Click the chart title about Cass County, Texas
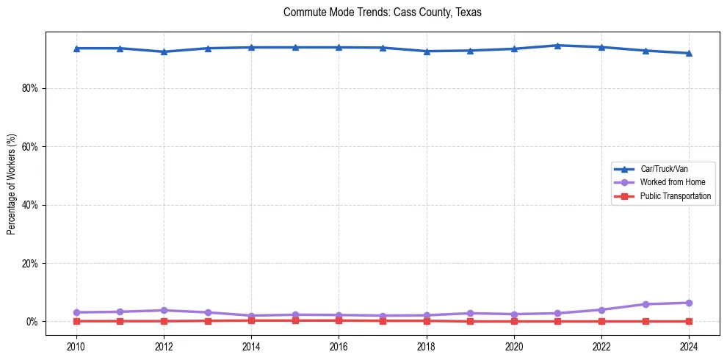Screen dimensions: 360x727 [382, 12]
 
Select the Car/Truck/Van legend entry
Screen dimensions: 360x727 [664, 169]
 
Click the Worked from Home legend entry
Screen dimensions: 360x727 [670, 182]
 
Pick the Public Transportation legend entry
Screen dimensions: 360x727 [675, 196]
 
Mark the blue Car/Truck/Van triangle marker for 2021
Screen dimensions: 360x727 [557, 46]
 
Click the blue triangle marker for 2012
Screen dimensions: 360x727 [164, 51]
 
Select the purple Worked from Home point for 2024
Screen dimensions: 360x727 [689, 303]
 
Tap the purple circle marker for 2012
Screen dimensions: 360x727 [164, 310]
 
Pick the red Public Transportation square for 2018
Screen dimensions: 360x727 [426, 320]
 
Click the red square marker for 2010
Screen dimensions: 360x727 [76, 321]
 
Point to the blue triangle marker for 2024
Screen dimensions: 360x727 [689, 53]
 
